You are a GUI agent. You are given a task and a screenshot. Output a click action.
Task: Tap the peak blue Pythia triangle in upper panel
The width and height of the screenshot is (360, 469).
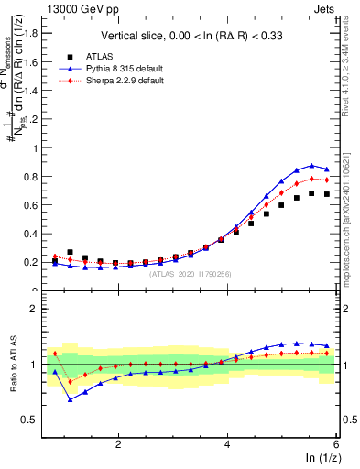312,166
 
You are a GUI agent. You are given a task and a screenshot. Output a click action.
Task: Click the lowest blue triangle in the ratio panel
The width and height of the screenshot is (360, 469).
71,399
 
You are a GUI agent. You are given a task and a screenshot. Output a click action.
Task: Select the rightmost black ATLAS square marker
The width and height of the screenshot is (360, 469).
327,194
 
